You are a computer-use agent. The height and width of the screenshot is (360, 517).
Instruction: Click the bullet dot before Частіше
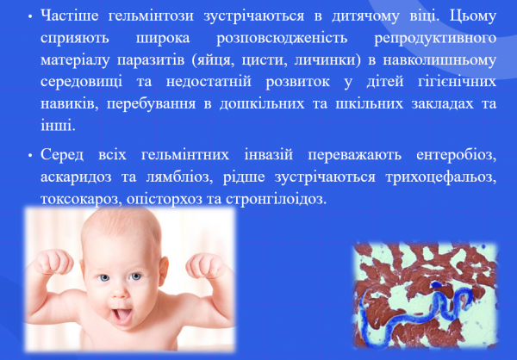click(32, 17)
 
